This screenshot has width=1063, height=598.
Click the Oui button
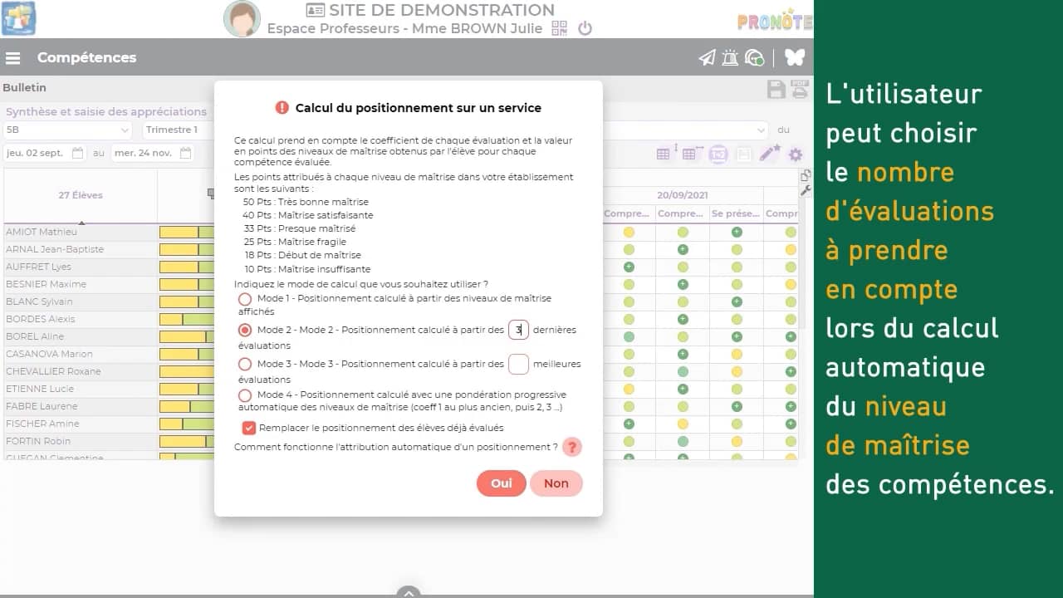tap(501, 483)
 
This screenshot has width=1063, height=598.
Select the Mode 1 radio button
tap(245, 299)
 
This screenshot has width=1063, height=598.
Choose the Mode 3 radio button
tap(245, 364)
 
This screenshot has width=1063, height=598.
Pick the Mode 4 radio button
tap(245, 395)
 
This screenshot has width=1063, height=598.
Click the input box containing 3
tap(518, 331)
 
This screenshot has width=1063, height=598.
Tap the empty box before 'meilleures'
tap(518, 364)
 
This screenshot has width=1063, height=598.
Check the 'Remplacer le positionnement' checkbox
tap(249, 428)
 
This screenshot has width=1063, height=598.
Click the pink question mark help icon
tap(571, 447)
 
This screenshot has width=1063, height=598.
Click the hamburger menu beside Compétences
tap(13, 58)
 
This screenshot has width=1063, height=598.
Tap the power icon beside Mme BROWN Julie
tap(585, 28)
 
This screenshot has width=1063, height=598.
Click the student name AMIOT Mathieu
tap(42, 232)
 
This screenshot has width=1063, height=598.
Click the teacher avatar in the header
tap(242, 19)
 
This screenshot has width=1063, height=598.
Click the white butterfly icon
tap(795, 57)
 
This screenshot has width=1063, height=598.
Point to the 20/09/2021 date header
tap(683, 195)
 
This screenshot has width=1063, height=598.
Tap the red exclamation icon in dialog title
tap(282, 108)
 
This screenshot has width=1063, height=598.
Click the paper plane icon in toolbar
tap(707, 57)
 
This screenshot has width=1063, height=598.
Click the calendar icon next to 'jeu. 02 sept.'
tap(78, 153)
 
